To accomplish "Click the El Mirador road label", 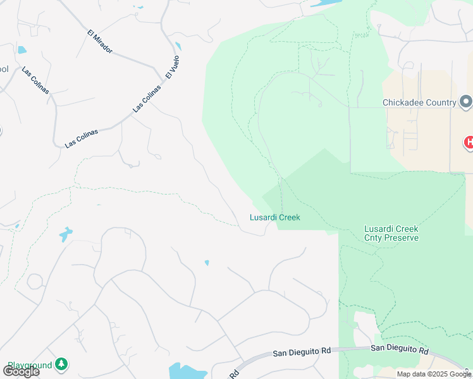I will tap(100, 40).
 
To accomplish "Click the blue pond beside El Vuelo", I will tap(178, 46).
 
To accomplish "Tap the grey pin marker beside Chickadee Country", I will tap(466, 102).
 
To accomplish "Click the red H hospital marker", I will tap(469, 143).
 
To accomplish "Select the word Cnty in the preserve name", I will tap(375, 238).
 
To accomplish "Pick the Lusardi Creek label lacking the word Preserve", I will tap(274, 217).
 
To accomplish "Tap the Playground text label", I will tap(29, 365).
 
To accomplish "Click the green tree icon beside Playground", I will tap(61, 364).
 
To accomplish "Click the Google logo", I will tap(21, 371).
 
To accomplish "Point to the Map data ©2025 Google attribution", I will tap(434, 374).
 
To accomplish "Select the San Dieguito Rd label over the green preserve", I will tap(400, 349).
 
